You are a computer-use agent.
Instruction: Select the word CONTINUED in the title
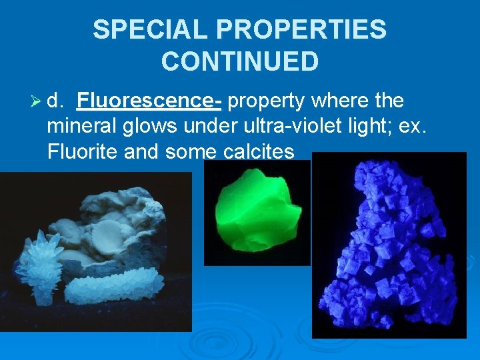pyautogui.click(x=240, y=61)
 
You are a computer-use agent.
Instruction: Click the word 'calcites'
pyautogui.click(x=255, y=152)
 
